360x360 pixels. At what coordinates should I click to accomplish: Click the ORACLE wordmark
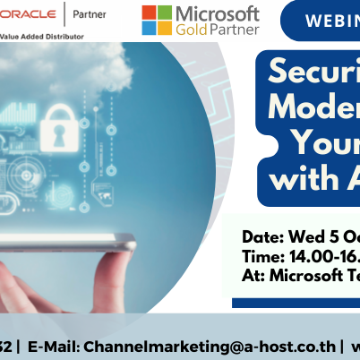coord(28,15)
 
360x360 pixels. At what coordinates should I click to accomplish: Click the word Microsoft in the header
coord(219,14)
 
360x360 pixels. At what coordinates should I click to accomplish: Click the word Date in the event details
coord(263,237)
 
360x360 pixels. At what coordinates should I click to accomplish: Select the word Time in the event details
coord(263,257)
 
